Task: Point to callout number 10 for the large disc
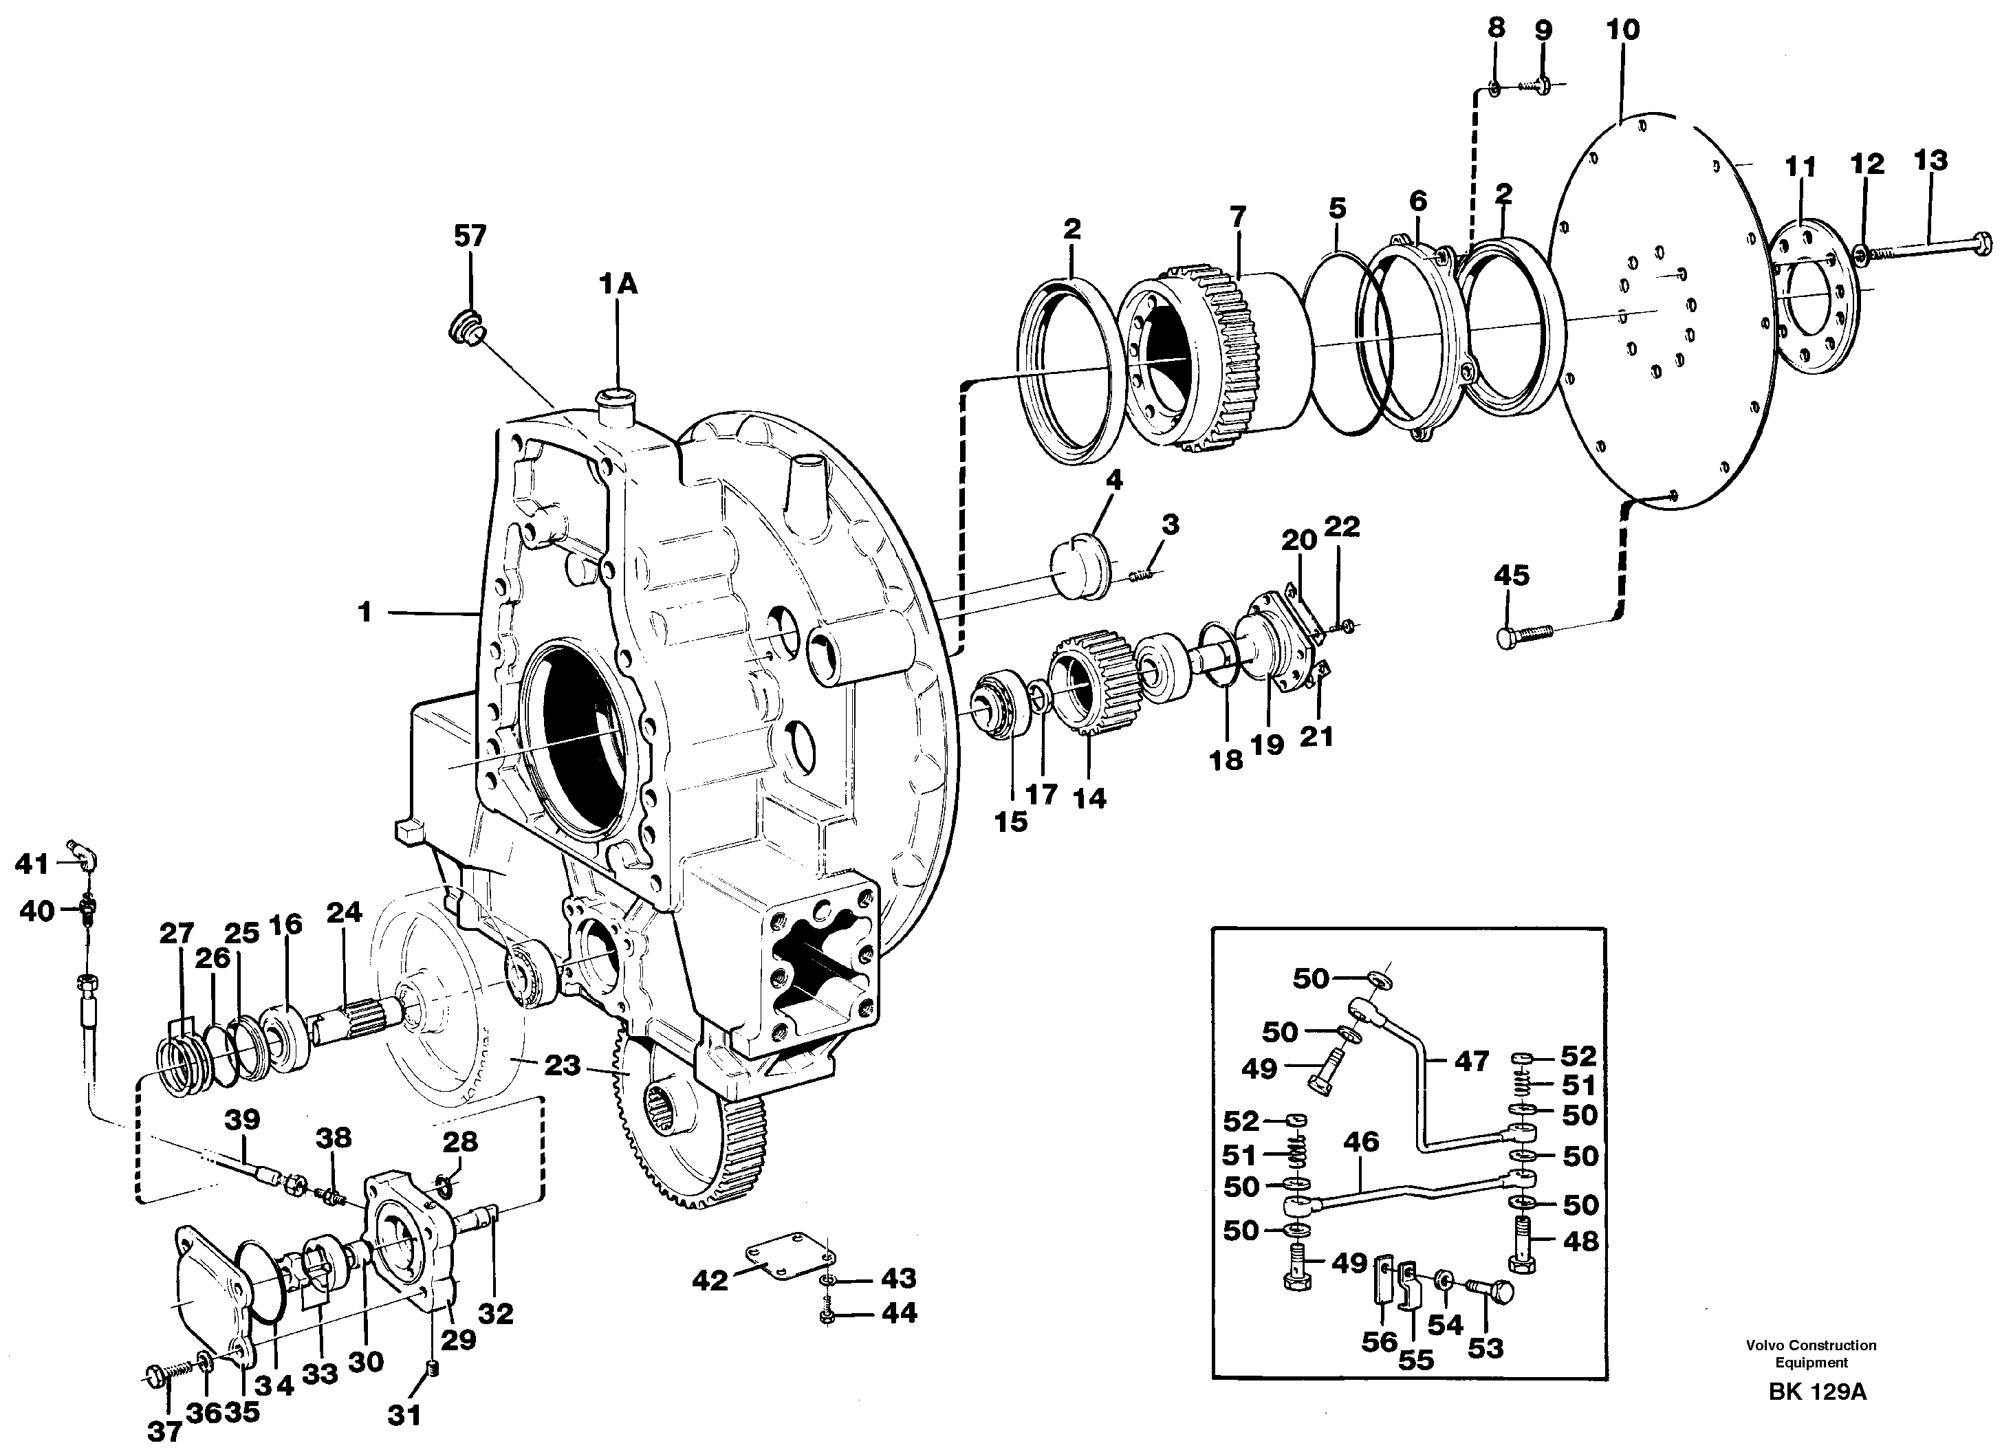(1622, 30)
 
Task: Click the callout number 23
(561, 1064)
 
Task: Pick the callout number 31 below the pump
(404, 1415)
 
